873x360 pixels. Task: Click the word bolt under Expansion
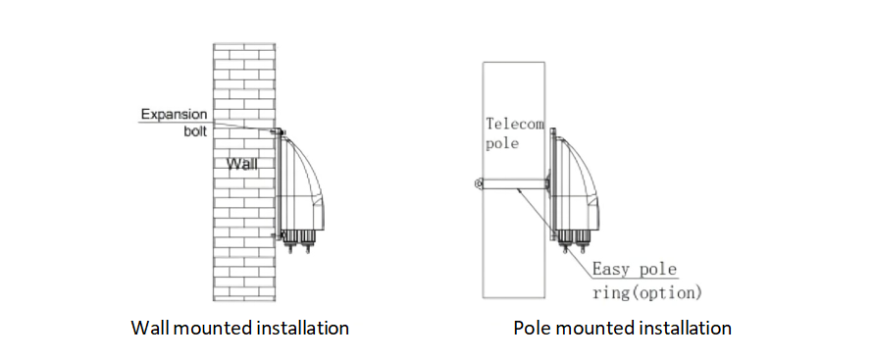[x=194, y=131]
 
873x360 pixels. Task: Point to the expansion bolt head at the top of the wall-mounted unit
[x=279, y=131]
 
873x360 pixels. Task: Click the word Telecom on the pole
[x=515, y=124]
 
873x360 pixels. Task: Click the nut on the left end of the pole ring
[x=477, y=182]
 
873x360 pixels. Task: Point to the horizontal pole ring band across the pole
[x=515, y=182]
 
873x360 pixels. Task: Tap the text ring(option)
[x=647, y=291]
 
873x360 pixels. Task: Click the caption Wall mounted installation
[x=239, y=327]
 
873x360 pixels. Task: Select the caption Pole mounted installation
[x=622, y=327]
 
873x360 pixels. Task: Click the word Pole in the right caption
[x=530, y=327]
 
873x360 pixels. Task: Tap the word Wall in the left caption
[x=149, y=327]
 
